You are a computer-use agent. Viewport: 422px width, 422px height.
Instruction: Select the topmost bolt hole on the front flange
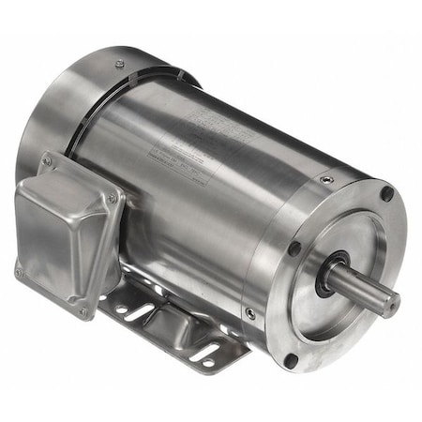[x=386, y=193]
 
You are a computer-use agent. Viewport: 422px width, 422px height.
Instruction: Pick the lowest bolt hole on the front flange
[x=291, y=359]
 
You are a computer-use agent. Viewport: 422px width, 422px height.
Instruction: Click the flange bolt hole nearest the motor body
[x=294, y=249]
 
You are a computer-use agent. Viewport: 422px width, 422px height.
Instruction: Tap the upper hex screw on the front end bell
[x=325, y=179]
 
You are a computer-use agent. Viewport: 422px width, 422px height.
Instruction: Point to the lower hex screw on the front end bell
[x=250, y=313]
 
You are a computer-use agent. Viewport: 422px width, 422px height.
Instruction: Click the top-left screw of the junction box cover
[x=47, y=162]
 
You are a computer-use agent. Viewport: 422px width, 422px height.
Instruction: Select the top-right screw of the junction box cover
[x=113, y=199]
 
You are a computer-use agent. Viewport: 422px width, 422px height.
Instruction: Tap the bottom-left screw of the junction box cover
[x=20, y=272]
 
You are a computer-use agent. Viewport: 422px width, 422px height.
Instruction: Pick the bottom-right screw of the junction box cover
[x=83, y=312]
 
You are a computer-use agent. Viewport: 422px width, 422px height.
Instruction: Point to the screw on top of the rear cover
[x=119, y=64]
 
